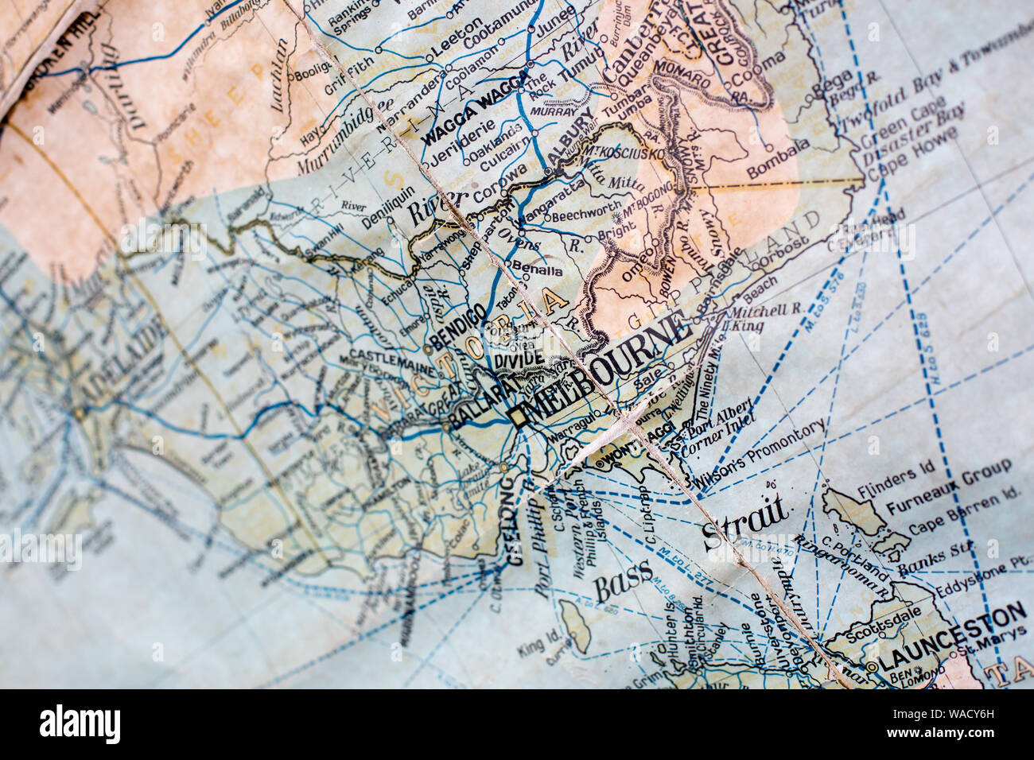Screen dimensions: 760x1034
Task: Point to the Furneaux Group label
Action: point(946,487)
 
